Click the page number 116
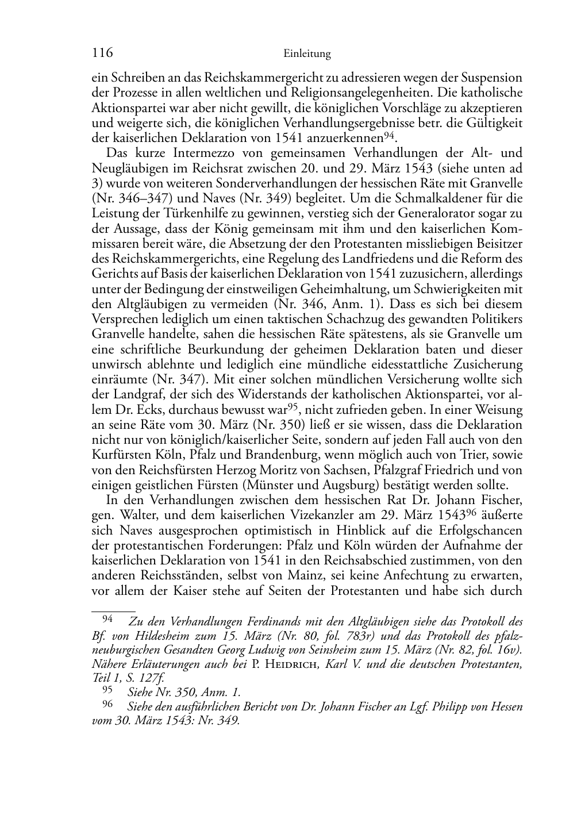point(102,53)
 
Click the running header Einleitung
point(307,54)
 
